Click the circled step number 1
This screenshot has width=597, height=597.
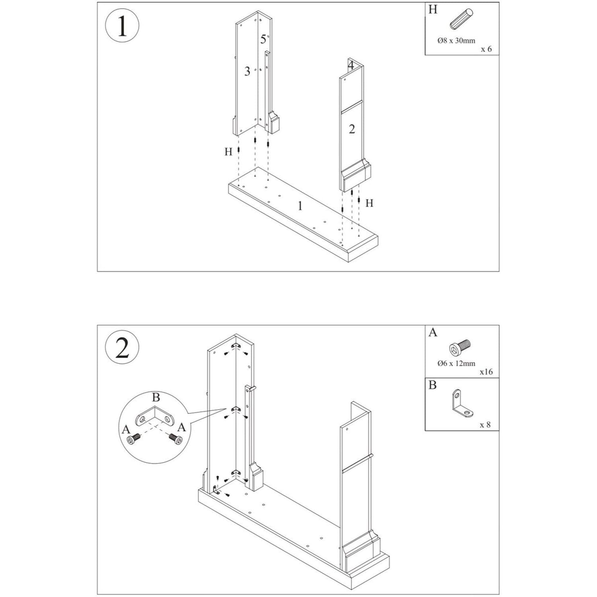[122, 26]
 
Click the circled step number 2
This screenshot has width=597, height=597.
[122, 348]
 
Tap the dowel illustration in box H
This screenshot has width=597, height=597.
[461, 20]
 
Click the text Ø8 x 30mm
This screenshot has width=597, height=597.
[456, 41]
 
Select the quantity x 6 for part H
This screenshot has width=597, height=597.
[486, 49]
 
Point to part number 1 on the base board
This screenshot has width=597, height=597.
[300, 206]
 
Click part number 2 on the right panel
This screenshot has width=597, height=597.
[351, 129]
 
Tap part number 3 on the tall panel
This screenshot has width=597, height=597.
[247, 71]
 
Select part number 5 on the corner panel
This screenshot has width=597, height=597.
[263, 39]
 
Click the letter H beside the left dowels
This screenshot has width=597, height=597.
[228, 152]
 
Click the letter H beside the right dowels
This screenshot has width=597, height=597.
[369, 203]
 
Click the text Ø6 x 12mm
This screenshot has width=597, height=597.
[456, 363]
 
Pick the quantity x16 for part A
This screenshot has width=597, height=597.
[486, 372]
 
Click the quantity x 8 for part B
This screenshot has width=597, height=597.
[485, 425]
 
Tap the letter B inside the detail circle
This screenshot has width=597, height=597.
[156, 397]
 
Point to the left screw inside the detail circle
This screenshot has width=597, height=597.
[134, 439]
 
